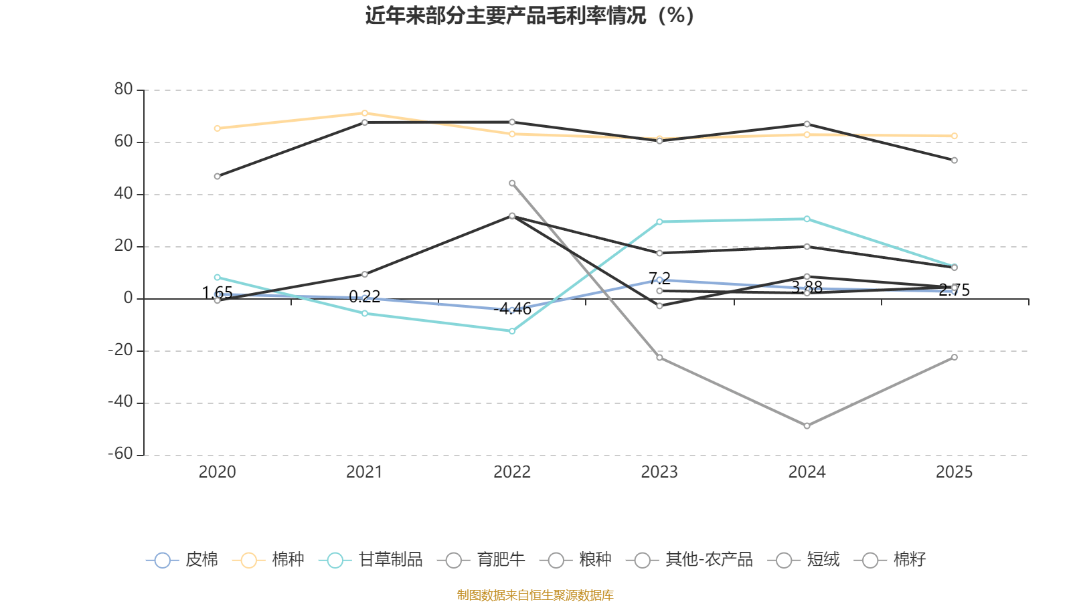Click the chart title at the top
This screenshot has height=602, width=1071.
pos(530,15)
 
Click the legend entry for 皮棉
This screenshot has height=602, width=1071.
pos(182,560)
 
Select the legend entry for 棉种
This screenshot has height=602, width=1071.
pos(268,560)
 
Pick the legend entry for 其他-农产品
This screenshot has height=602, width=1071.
pos(689,560)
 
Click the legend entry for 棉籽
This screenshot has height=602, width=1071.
pos(890,560)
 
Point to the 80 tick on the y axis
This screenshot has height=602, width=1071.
pos(124,90)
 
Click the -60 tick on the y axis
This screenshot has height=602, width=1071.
pos(121,454)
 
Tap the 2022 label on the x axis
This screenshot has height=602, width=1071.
pos(511,472)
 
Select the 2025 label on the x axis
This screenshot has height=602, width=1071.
pos(954,472)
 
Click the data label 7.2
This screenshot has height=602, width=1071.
pos(659,278)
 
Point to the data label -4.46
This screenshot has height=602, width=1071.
pos(513,309)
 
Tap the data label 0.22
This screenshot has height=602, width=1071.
pos(365,296)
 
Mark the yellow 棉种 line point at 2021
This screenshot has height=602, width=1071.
pos(365,113)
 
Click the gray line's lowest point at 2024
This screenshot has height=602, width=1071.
pos(807,426)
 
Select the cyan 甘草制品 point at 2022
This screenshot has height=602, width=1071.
pos(512,331)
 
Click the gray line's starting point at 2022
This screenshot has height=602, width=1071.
pos(512,183)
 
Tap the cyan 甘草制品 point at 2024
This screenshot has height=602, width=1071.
pos(807,219)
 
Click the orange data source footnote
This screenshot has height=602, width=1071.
pos(535,595)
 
